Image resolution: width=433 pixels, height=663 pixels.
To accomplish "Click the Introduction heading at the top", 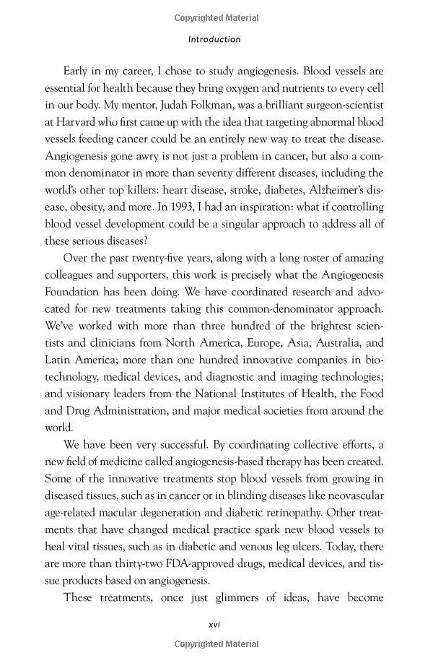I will click(x=214, y=40).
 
